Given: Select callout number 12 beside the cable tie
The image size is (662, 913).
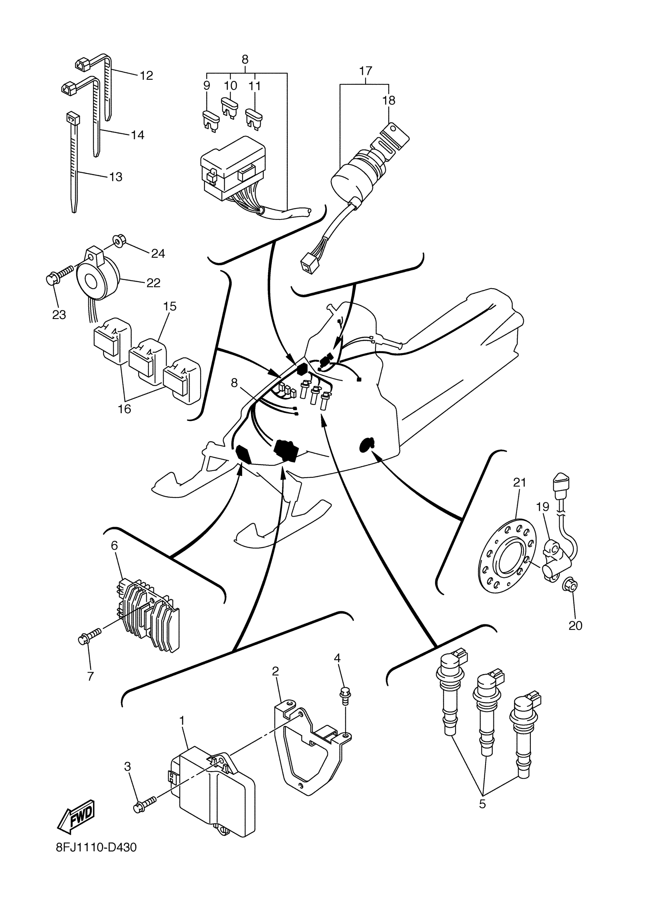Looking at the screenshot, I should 146,76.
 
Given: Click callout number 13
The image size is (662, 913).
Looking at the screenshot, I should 116,177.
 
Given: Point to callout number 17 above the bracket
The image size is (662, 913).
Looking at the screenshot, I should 365,71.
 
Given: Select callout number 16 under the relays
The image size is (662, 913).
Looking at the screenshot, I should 125,409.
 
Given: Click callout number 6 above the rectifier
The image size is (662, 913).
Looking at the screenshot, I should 114,546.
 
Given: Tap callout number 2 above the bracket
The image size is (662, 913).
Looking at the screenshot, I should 275,671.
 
